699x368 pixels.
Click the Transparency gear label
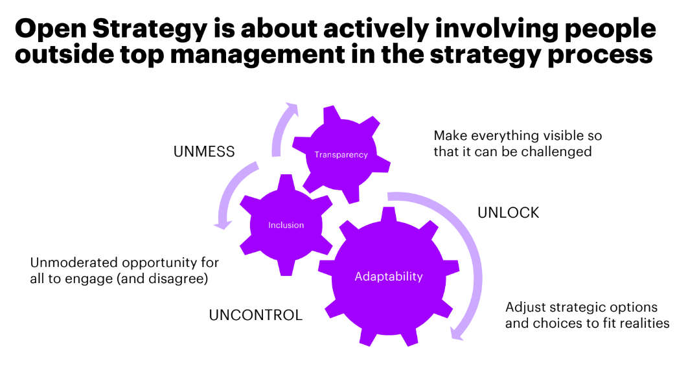[341, 154]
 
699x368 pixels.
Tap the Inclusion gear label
[286, 225]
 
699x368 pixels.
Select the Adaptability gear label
[389, 277]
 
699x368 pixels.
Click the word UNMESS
[204, 152]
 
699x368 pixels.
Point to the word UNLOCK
[508, 213]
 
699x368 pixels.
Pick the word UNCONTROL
[255, 316]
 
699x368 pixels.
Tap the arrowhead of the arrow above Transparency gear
[293, 108]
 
